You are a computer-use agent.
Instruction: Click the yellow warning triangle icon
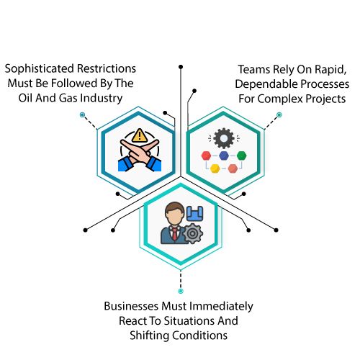(140, 135)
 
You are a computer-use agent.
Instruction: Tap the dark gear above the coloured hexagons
(224, 138)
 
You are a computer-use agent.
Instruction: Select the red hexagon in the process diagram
(206, 156)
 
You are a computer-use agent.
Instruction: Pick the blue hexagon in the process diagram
(224, 156)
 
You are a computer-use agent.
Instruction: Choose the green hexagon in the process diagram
(241, 156)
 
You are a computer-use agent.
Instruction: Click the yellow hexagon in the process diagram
(215, 168)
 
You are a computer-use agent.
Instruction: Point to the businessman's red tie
(175, 234)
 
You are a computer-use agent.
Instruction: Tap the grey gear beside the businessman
(192, 233)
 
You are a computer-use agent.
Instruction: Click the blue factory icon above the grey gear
(195, 213)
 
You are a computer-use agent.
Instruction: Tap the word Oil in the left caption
(25, 98)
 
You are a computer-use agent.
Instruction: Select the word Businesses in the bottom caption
(132, 306)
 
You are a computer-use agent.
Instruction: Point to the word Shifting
(150, 336)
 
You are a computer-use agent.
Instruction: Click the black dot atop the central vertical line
(181, 67)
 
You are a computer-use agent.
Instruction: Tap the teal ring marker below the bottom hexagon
(181, 291)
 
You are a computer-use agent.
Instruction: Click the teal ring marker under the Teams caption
(279, 114)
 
